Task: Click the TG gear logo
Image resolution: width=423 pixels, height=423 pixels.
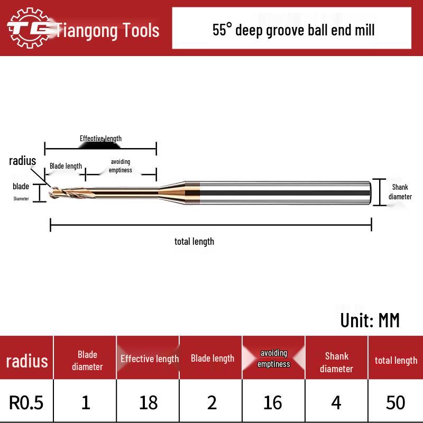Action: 29,28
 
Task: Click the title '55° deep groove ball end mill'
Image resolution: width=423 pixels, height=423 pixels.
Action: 293,30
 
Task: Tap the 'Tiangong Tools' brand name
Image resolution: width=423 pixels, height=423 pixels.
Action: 107,30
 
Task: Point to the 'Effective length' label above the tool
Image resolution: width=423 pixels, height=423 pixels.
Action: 100,139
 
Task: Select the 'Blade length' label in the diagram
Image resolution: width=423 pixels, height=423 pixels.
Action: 66,166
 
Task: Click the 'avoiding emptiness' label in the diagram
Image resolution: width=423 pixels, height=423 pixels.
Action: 121,165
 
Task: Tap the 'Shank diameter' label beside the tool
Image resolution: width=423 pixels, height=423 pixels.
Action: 400,192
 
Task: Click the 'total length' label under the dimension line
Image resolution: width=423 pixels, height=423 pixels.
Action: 194,242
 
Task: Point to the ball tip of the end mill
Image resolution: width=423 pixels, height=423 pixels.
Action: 51,192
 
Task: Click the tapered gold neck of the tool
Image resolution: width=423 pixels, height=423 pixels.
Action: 172,192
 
